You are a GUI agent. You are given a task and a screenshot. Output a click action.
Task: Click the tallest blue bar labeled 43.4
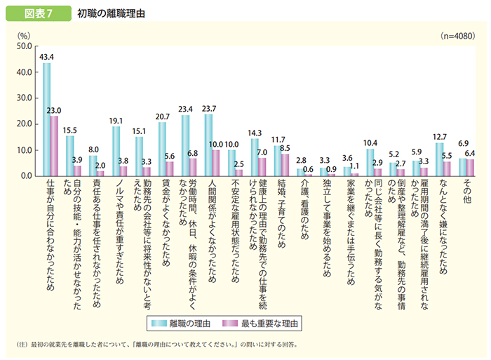(46, 119)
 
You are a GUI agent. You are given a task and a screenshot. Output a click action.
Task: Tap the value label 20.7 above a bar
(163, 116)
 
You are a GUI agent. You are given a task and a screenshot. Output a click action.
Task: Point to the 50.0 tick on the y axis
(23, 46)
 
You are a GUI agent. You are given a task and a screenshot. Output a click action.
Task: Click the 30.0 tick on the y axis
(23, 98)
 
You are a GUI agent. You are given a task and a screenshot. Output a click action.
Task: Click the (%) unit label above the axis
(24, 34)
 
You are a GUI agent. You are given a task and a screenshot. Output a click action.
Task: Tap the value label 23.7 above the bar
(208, 108)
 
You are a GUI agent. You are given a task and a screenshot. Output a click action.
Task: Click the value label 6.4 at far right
(471, 153)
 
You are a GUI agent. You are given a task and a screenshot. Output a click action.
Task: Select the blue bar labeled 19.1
(116, 151)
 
